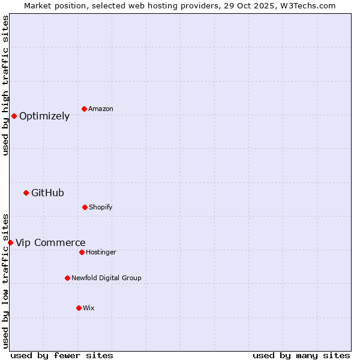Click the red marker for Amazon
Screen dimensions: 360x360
[x=84, y=109]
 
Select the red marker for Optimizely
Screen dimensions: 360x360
[x=14, y=116]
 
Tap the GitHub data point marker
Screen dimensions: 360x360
[x=26, y=193]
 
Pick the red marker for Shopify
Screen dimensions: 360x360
[x=85, y=207]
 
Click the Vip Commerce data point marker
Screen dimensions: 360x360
[x=10, y=242]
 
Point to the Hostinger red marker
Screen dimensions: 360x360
[x=82, y=252]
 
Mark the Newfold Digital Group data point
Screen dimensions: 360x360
[x=67, y=278]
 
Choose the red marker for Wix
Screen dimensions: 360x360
[x=79, y=308]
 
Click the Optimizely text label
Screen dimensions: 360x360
[x=44, y=116]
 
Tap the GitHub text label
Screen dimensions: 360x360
[x=47, y=193]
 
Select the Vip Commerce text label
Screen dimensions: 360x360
[x=50, y=243]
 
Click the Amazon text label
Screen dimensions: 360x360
[x=101, y=109]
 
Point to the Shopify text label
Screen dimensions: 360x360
[x=101, y=208]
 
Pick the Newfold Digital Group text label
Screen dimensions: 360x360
[x=106, y=278]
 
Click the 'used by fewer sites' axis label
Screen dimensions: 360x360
[x=62, y=355]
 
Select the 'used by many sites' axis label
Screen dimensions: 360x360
[x=301, y=355]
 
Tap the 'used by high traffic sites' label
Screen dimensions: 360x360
[x=5, y=85]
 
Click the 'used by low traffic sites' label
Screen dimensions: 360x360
[x=5, y=280]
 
